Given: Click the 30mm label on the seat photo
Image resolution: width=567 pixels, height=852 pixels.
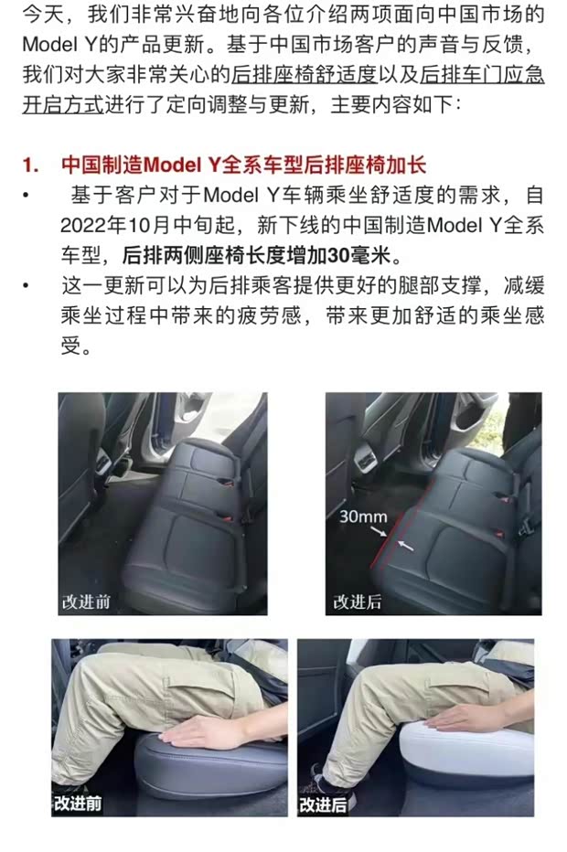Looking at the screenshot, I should pos(363,517).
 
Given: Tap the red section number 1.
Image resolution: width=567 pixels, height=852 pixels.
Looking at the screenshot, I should pos(29,165).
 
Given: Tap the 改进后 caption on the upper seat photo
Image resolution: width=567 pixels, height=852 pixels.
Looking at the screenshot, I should pos(357,602).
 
